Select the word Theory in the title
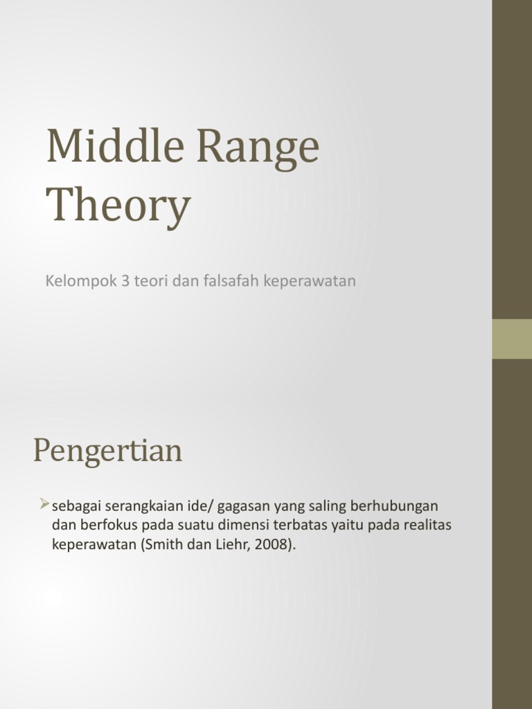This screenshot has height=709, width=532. coord(118,206)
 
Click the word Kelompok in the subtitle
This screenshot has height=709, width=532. coord(77,282)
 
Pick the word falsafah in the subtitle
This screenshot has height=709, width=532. coord(227,281)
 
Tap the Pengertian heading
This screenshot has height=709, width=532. coord(107,451)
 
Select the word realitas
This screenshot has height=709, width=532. coord(427,526)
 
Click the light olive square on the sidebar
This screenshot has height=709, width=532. coord(512,339)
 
